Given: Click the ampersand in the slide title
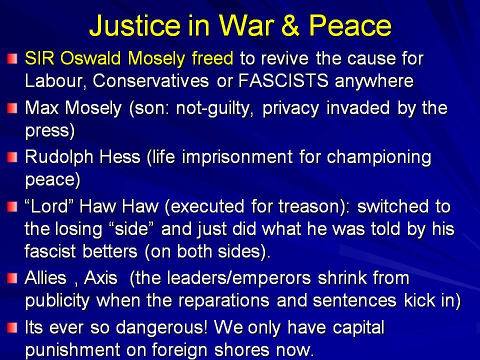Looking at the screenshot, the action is (x=290, y=25).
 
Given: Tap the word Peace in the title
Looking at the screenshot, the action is (x=349, y=25).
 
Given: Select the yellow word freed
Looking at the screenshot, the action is (x=212, y=58).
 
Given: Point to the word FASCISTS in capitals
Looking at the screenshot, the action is (x=283, y=81).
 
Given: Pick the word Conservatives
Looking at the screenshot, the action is (x=151, y=81).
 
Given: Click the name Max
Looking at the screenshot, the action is (x=41, y=108).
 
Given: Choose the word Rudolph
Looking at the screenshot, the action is (x=59, y=157).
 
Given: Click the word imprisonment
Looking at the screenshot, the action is (x=237, y=157).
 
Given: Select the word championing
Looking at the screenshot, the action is (x=379, y=157).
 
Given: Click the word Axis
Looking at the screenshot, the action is (x=100, y=278).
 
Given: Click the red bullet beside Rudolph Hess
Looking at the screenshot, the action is (x=12, y=157).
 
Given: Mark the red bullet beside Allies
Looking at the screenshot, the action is (x=12, y=278).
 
